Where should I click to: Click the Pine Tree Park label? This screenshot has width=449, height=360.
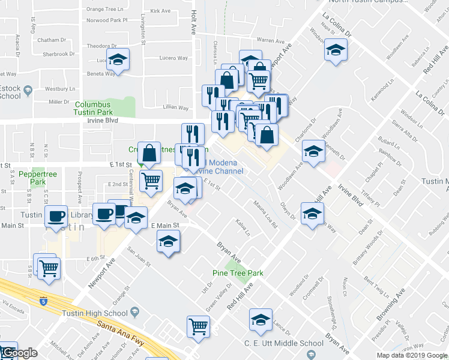point(238,273)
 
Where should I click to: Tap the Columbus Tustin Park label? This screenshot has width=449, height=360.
point(93,108)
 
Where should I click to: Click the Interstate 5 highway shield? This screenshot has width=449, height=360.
point(43,301)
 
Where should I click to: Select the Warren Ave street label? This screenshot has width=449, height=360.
point(270,41)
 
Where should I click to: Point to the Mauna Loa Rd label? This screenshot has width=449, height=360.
point(264,215)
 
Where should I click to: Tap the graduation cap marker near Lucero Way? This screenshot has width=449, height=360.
point(118,60)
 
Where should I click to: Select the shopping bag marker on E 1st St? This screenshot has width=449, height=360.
point(149,154)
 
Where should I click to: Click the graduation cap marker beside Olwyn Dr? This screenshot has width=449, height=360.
point(312,214)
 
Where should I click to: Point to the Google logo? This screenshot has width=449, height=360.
point(20,353)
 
